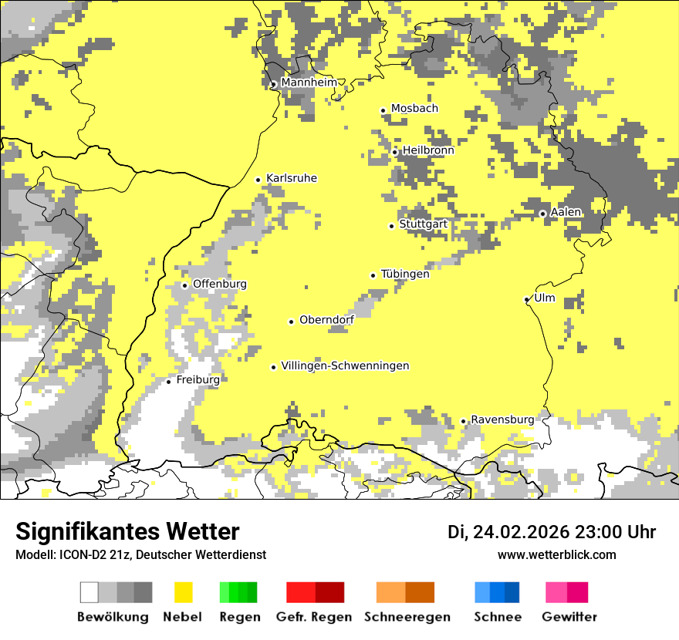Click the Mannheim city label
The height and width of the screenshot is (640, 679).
(309, 83)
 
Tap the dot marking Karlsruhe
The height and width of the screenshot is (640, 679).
(258, 180)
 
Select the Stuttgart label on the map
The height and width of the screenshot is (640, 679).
(423, 224)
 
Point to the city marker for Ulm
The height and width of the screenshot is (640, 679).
(526, 299)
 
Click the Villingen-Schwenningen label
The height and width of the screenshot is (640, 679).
(345, 366)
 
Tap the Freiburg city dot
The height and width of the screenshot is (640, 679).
(168, 381)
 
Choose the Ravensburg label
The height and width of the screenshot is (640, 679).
(502, 419)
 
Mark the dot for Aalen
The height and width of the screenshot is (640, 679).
(542, 214)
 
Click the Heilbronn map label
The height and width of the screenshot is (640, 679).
(428, 150)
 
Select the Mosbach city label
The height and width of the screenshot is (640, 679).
(414, 109)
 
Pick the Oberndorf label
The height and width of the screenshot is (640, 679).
(326, 320)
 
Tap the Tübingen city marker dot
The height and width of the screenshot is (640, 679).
(373, 275)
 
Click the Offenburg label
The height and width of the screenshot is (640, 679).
(219, 284)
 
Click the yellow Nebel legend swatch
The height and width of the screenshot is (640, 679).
(183, 592)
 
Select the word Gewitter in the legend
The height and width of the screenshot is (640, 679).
(569, 617)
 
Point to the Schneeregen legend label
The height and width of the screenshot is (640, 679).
(407, 617)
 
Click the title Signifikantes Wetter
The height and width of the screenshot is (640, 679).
(127, 531)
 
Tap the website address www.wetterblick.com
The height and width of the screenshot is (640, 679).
(556, 554)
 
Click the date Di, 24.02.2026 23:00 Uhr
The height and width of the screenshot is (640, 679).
(552, 532)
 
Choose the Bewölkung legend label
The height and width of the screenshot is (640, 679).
(113, 617)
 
